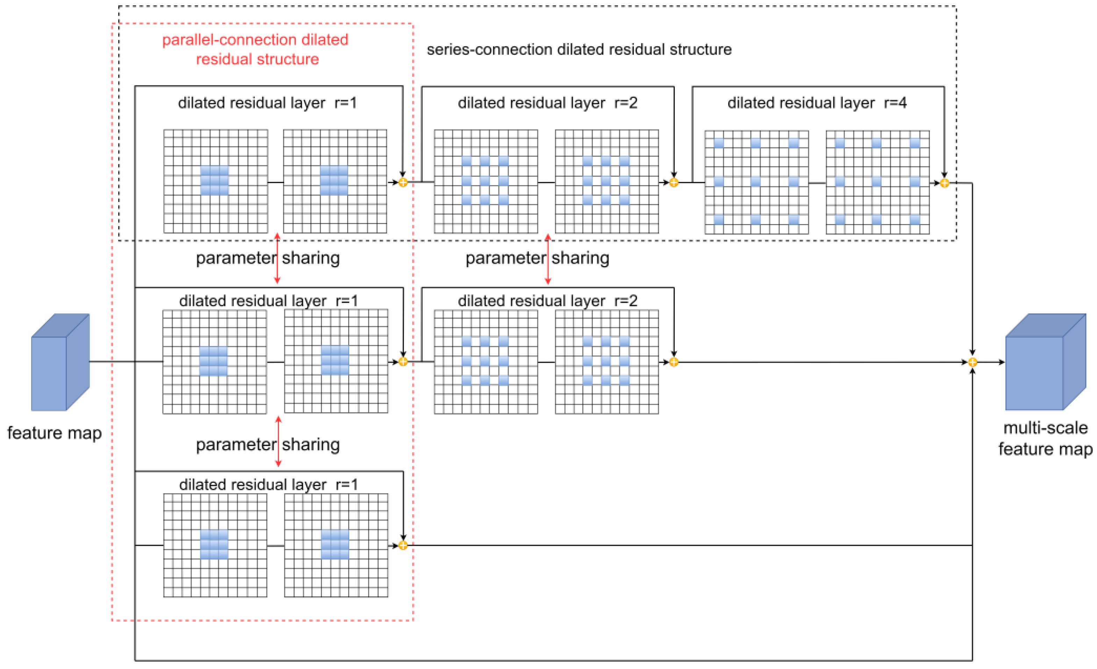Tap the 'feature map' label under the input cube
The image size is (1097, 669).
pyautogui.click(x=54, y=433)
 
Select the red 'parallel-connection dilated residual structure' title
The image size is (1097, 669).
pyautogui.click(x=256, y=49)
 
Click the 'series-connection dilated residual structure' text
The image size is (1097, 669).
pyautogui.click(x=579, y=49)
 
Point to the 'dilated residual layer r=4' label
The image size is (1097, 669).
pyautogui.click(x=817, y=103)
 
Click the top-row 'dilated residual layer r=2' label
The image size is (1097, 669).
pyautogui.click(x=547, y=103)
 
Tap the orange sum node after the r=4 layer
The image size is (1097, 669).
pyautogui.click(x=944, y=183)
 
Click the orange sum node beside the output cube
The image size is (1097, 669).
pyautogui.click(x=972, y=362)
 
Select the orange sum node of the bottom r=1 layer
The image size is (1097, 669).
pyautogui.click(x=403, y=545)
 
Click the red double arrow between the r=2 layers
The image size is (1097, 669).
pyautogui.click(x=547, y=259)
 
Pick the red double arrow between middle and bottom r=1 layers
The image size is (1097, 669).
pyautogui.click(x=278, y=441)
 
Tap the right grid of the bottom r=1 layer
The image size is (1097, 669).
pyautogui.click(x=336, y=545)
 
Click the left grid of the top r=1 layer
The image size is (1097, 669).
pyautogui.click(x=215, y=181)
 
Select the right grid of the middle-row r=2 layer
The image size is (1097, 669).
pyautogui.click(x=607, y=362)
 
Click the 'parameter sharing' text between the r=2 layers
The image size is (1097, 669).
pyautogui.click(x=537, y=258)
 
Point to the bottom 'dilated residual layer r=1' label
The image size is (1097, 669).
pyautogui.click(x=268, y=485)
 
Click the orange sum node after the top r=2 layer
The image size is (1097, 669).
pyautogui.click(x=674, y=182)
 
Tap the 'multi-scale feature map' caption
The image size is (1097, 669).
pyautogui.click(x=1045, y=438)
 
